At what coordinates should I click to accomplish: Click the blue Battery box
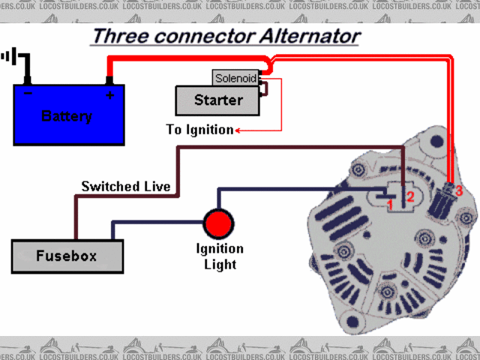68,114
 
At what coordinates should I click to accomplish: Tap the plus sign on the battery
110,95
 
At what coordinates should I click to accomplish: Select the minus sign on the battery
28,94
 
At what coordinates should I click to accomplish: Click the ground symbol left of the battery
10,57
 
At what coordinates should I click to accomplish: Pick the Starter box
217,100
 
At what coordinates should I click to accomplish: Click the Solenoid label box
235,78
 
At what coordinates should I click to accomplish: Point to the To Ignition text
199,130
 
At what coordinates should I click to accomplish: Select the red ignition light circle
219,223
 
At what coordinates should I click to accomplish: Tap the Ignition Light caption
219,256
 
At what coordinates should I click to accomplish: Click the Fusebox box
67,256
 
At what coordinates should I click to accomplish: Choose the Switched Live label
126,186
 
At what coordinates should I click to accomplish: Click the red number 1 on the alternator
390,202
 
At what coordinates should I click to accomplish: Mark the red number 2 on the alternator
409,197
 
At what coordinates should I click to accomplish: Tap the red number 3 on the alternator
459,191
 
